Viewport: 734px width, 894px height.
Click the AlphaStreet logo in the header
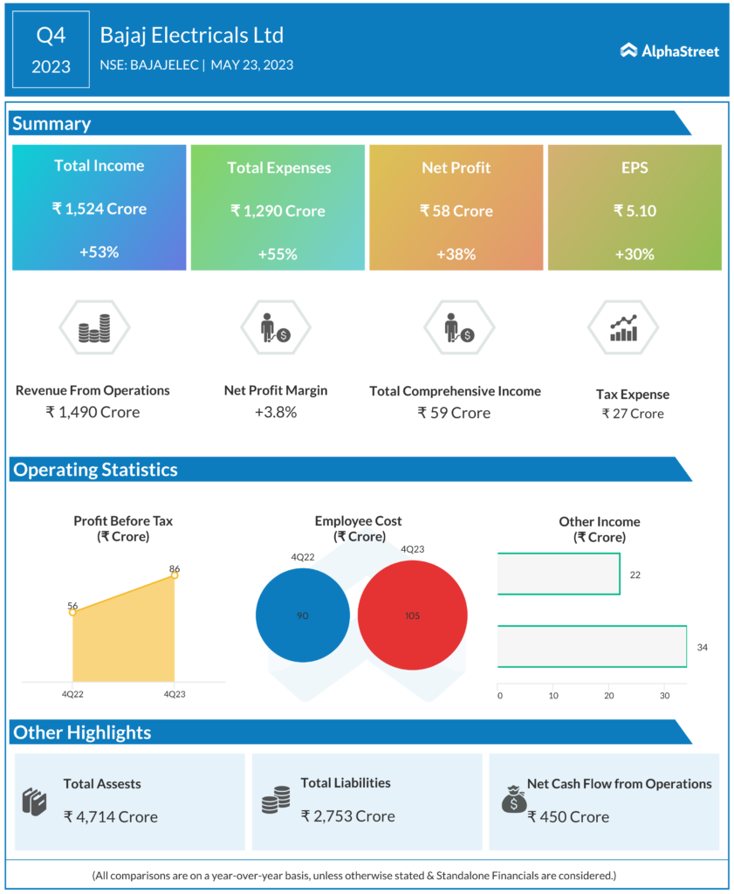[x=669, y=51]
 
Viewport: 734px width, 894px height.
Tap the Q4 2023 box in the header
[x=51, y=50]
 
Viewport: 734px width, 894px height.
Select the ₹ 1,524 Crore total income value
[x=99, y=209]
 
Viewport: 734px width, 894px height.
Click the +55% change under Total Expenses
[x=278, y=254]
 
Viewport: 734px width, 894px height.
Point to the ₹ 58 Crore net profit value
[x=456, y=210]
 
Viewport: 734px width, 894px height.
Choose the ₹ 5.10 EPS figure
[x=635, y=210]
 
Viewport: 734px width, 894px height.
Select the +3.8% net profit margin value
[x=276, y=412]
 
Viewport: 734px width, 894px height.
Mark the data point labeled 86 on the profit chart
[x=175, y=575]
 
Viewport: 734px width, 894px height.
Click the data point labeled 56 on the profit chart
[x=72, y=612]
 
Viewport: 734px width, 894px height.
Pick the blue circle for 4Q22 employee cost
[x=302, y=615]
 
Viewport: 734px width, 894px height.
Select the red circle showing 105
[x=412, y=615]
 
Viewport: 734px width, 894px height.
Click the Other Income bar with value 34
[x=592, y=647]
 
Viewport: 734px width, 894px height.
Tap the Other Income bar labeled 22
[x=559, y=574]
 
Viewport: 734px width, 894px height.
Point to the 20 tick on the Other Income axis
[x=609, y=696]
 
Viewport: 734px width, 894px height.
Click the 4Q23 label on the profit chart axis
[x=175, y=694]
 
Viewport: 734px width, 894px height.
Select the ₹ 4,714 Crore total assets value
[x=111, y=817]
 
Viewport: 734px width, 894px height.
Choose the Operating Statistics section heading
[x=95, y=470]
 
